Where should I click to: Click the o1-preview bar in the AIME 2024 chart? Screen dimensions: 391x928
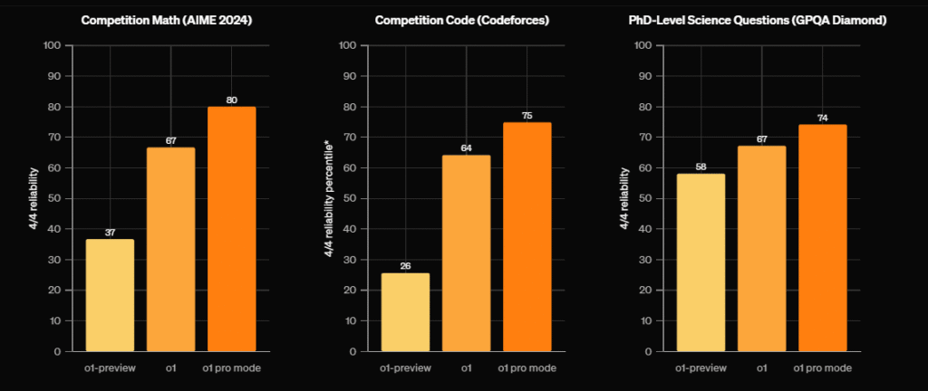tap(110, 295)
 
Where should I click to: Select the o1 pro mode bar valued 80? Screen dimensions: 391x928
tap(231, 229)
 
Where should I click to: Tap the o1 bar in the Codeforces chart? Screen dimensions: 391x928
tap(466, 253)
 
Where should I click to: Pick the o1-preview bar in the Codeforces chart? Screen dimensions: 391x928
tap(405, 312)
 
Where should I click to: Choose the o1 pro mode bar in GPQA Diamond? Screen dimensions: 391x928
tap(822, 238)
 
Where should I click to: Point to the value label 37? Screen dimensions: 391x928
tap(110, 233)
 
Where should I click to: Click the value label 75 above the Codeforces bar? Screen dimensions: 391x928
tap(527, 116)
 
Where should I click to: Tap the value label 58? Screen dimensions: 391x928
tap(701, 167)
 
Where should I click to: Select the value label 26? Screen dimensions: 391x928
tap(405, 266)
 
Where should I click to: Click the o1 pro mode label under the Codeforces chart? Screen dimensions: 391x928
tap(527, 368)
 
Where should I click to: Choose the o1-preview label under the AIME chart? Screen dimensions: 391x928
tap(110, 368)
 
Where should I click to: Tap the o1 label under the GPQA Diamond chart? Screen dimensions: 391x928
tap(761, 368)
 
